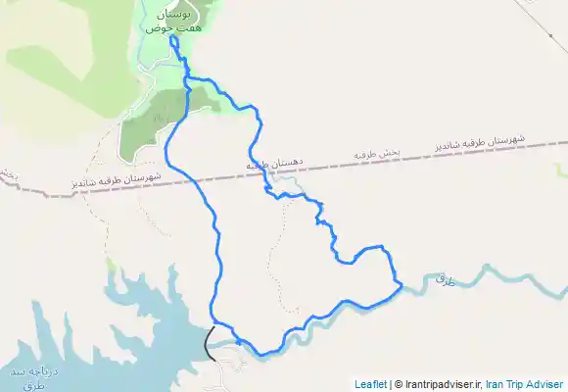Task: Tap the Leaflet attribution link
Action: click(370, 384)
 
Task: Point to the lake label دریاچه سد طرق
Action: click(22, 378)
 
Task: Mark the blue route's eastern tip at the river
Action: click(401, 285)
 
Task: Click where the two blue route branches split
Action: click(185, 76)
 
